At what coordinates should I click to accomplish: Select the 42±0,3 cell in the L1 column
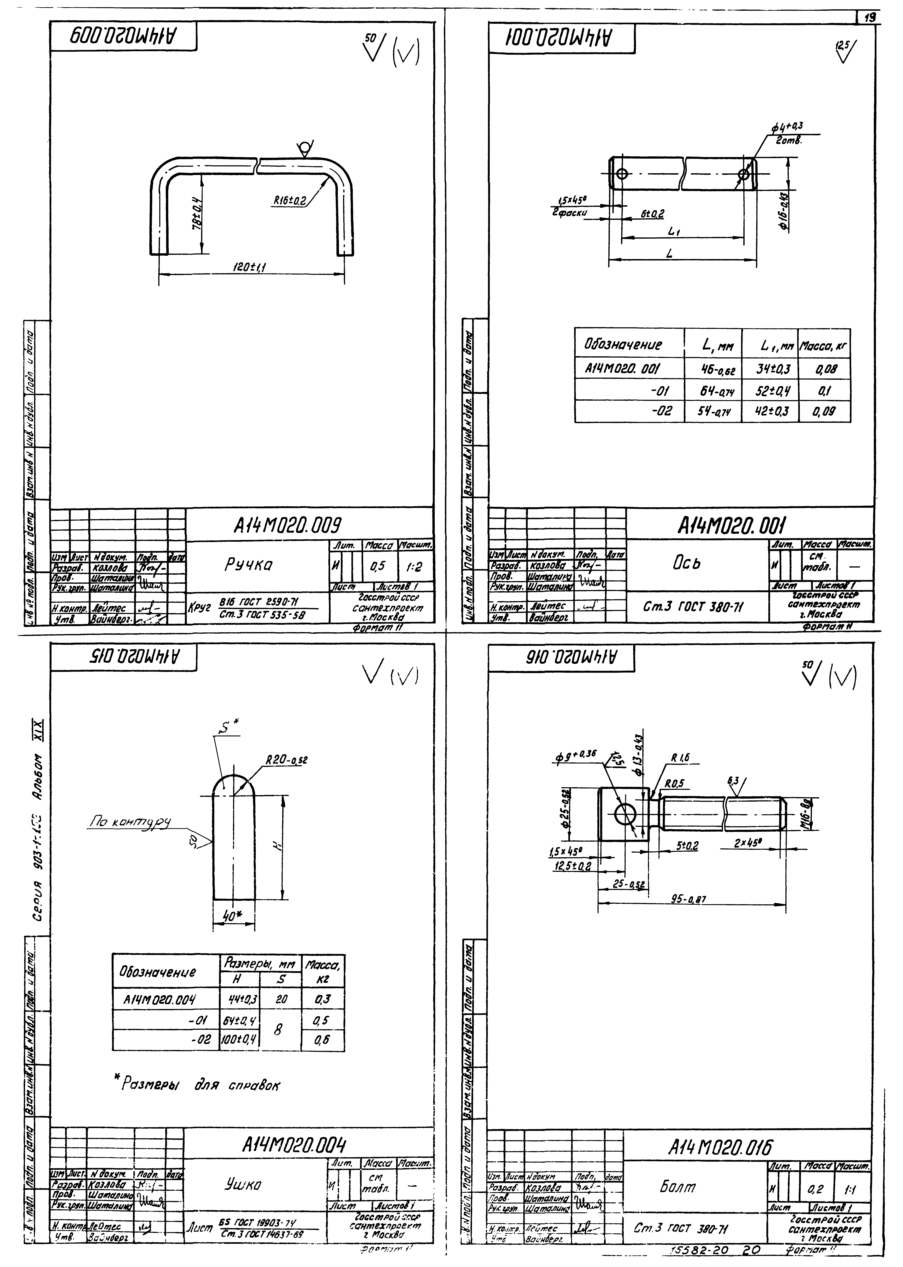[770, 412]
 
